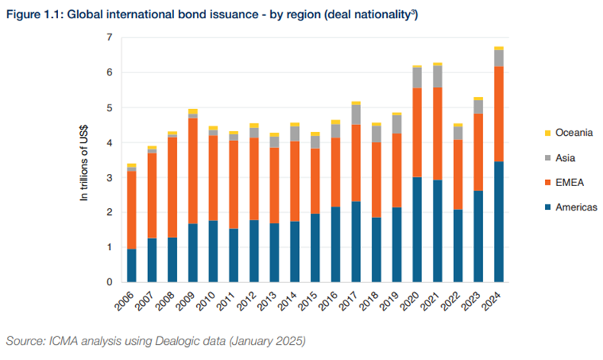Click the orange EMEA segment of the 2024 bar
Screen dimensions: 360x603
[x=498, y=114]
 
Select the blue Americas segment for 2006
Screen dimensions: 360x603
[x=132, y=265]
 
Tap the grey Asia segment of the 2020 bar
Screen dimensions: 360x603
[x=417, y=78]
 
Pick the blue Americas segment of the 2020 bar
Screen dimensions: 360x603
[x=417, y=230]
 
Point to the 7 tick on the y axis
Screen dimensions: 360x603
[x=109, y=37]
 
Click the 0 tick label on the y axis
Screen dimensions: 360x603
[x=109, y=282]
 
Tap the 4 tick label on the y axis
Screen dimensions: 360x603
[x=109, y=143]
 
